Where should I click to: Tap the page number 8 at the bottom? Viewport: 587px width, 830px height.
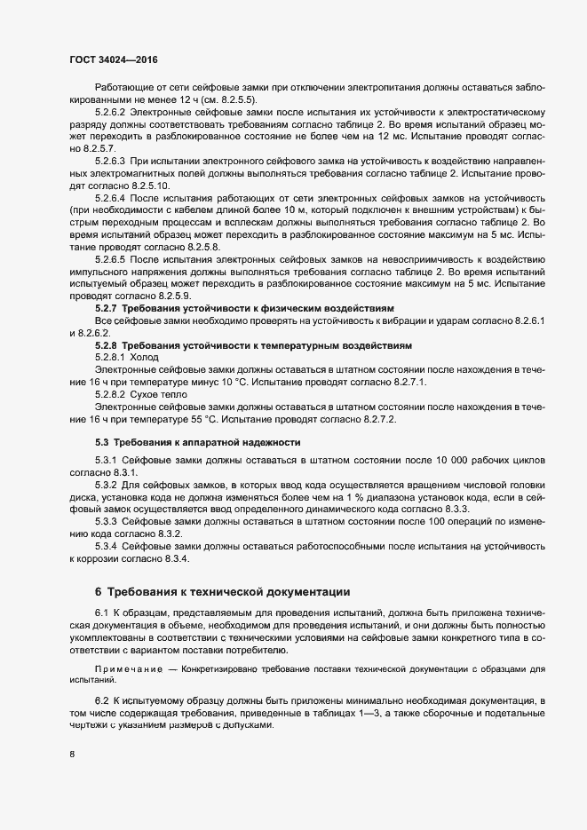pos(72,755)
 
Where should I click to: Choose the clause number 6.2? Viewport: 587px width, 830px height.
pos(100,701)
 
